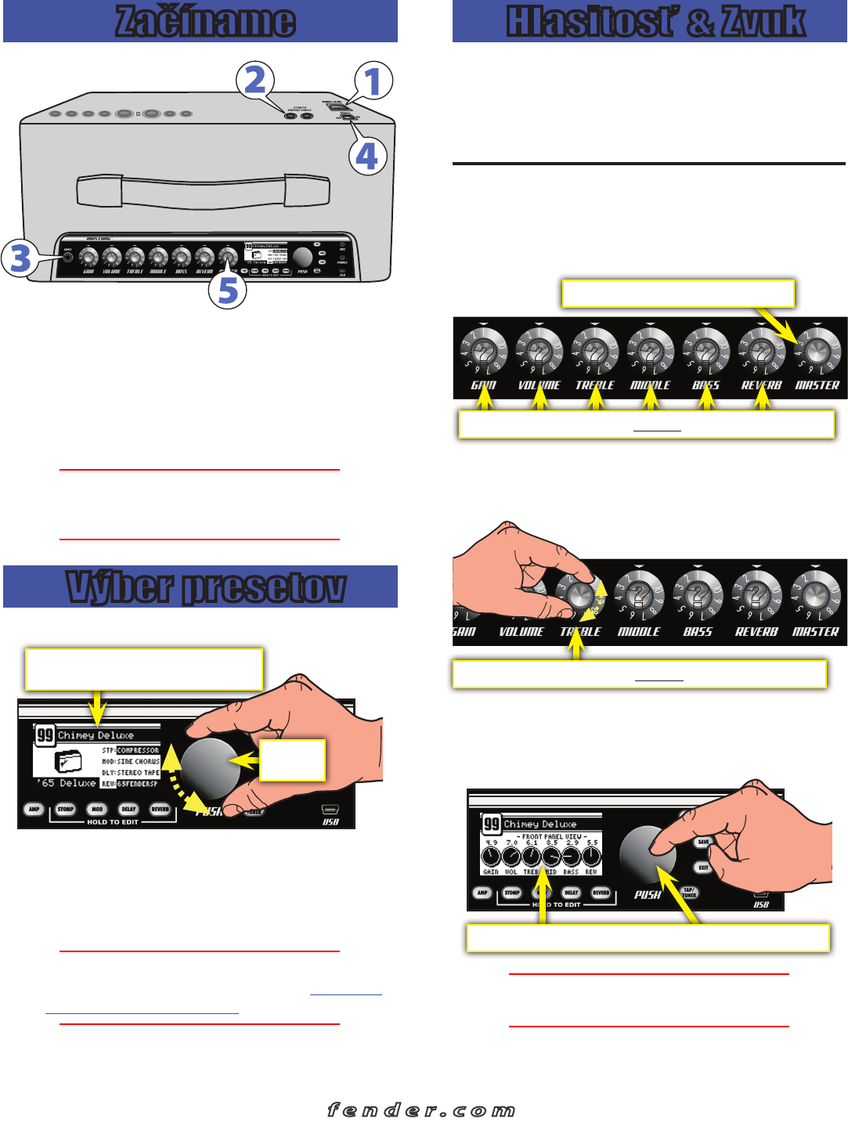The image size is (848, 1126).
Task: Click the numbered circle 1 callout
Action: tap(373, 81)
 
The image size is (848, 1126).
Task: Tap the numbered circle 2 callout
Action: tap(255, 81)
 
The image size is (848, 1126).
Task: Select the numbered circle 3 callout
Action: tap(20, 258)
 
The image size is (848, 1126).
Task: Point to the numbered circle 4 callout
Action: tap(367, 156)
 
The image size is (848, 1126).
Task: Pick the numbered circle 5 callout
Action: tap(228, 291)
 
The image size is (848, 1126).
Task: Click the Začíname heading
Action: tap(205, 21)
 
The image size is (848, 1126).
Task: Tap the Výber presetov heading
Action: tap(205, 587)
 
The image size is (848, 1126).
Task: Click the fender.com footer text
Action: tap(421, 1110)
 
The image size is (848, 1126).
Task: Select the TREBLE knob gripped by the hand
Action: tap(580, 594)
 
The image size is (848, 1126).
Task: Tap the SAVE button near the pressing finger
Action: tap(702, 842)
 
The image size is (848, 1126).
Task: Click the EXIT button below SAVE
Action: tap(702, 868)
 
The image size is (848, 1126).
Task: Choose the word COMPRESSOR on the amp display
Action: tap(138, 750)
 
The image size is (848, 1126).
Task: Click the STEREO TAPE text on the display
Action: tap(138, 772)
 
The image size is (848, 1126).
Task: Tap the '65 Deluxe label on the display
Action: tap(67, 783)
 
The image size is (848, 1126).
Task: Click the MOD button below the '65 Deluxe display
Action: tap(97, 809)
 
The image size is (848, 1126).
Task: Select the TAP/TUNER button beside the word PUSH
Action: tap(688, 892)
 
